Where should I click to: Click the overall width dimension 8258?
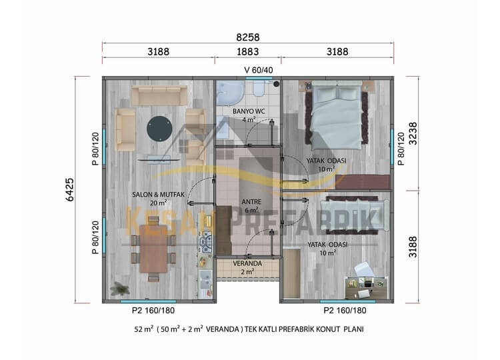point(248,37)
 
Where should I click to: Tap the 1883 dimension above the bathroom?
point(248,51)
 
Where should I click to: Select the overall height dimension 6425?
point(69,190)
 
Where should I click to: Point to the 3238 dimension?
point(413,133)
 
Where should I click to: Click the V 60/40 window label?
point(258,70)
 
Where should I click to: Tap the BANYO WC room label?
point(249,111)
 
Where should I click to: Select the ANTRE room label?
point(251,202)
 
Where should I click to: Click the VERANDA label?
point(247,264)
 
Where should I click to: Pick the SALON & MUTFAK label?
point(158,195)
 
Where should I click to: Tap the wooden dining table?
point(154,249)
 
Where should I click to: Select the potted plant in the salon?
point(119,288)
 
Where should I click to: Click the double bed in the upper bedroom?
point(337,115)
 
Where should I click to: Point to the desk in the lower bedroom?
point(366,287)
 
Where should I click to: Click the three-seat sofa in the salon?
point(159,95)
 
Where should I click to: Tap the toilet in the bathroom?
point(258,88)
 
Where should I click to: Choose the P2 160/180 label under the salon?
point(153,310)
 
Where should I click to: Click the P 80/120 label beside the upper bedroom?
point(401,149)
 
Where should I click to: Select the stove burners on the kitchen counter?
point(206,242)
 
